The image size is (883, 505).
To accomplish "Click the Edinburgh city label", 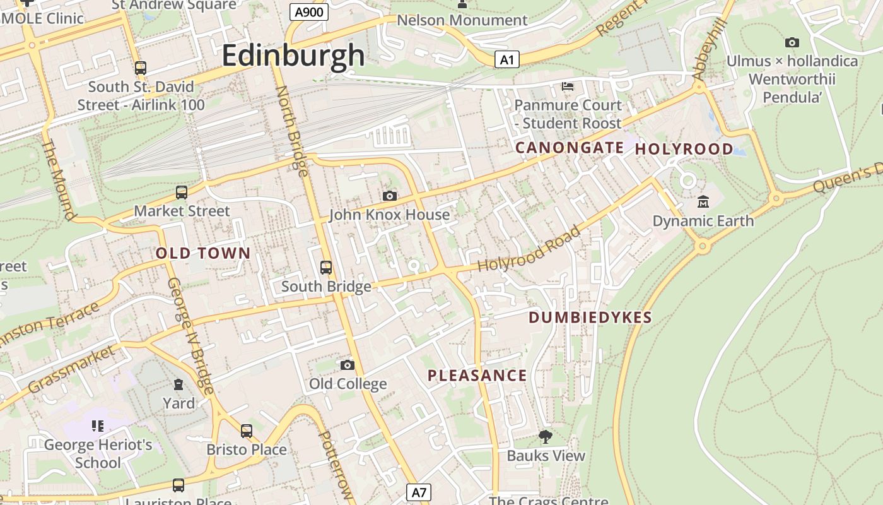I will [293, 56].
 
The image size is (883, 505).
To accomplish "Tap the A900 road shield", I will [309, 11].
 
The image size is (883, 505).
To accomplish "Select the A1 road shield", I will [506, 60].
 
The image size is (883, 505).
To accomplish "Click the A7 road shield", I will [418, 492].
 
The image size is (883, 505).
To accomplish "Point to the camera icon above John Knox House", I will [390, 196].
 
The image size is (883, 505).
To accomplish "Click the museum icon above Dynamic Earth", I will [703, 202].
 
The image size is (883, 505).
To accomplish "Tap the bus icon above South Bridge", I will [326, 268].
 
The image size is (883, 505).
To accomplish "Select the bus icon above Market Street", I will [182, 192].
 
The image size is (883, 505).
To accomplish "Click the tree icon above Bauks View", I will [545, 437].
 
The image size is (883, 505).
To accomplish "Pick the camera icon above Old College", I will [347, 365].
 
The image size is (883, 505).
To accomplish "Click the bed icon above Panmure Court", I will [568, 85].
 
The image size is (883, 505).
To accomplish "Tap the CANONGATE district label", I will [570, 148].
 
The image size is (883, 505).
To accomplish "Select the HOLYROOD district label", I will [684, 150].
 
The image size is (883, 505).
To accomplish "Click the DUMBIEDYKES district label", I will [590, 318].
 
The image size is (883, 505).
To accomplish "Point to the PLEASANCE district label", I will [477, 376].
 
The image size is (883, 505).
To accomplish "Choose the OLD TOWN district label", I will [203, 254].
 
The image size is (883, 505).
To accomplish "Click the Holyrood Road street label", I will [529, 249].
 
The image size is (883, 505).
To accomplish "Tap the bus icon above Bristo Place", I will [247, 431].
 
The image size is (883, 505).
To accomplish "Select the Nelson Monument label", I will [462, 20].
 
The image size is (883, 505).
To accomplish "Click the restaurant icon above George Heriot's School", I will [97, 426].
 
